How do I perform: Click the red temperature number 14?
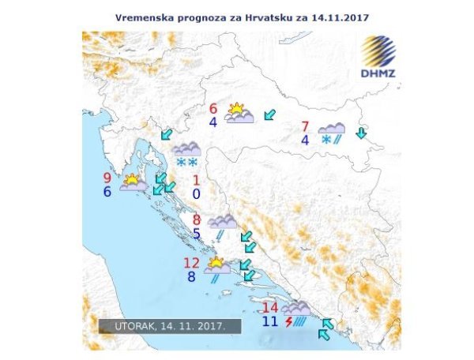[x=270, y=308]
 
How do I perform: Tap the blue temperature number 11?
[x=269, y=321]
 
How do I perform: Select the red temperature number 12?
[x=191, y=263]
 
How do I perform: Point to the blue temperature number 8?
[x=191, y=276]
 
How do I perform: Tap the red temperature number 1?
[x=196, y=180]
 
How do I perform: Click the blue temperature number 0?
[x=196, y=193]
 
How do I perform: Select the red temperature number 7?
[x=305, y=126]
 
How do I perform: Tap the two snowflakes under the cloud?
[x=186, y=163]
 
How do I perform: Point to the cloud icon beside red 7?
[x=332, y=128]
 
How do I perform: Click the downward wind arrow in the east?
[x=361, y=133]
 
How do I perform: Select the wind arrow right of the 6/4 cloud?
[x=270, y=116]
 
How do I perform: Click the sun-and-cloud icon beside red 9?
[x=133, y=183]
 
